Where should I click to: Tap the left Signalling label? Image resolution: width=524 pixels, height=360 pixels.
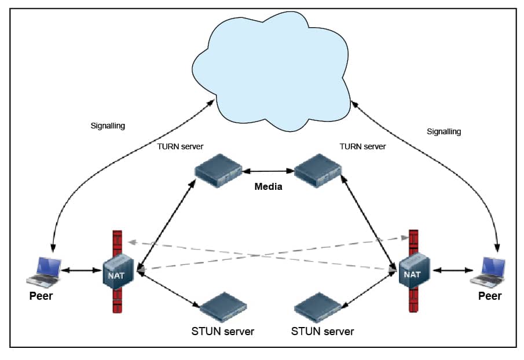108,125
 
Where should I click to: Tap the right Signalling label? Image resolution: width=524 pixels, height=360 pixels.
444,131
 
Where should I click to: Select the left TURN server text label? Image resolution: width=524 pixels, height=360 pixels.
180,146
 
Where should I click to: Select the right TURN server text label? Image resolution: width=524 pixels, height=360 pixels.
362,146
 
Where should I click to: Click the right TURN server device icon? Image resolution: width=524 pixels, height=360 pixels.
317,170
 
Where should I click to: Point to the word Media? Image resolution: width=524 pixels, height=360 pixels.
268,187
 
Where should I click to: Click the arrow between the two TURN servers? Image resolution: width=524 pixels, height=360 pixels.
268,171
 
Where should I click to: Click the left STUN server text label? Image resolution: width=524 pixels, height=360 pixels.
222,332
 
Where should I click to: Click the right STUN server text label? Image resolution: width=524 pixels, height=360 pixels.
322,332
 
